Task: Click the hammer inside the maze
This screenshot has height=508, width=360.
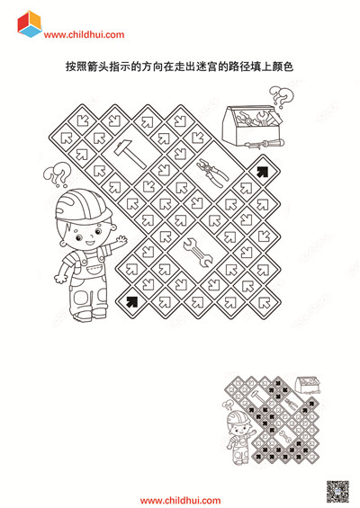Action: (x=130, y=154)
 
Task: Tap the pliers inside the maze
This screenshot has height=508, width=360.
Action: (x=212, y=173)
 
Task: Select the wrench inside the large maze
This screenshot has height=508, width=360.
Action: (x=198, y=253)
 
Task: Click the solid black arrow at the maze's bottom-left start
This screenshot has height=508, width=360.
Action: (x=131, y=302)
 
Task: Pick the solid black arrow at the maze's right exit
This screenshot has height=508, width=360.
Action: (x=263, y=172)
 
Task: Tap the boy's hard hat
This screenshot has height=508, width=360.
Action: (x=83, y=205)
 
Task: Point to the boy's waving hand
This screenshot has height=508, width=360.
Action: (x=121, y=240)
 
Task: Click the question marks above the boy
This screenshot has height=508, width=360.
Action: (x=57, y=174)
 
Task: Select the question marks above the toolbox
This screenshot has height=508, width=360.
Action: (x=282, y=96)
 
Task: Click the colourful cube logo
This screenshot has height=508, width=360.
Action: (x=30, y=24)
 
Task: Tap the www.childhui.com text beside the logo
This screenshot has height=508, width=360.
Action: (x=84, y=35)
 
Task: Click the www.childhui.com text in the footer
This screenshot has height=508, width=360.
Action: (x=180, y=501)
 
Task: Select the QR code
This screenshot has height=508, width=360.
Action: (x=337, y=492)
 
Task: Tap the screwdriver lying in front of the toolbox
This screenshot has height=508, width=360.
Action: (x=264, y=143)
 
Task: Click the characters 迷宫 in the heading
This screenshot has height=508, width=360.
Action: (x=206, y=67)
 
